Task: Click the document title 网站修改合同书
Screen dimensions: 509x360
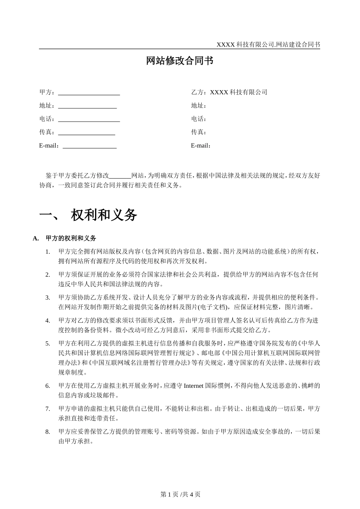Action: (x=180, y=61)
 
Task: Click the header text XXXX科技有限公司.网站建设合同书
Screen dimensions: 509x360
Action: (x=268, y=45)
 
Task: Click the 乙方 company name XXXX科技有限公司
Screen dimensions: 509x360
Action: (x=238, y=92)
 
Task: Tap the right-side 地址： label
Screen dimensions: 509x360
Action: (x=199, y=106)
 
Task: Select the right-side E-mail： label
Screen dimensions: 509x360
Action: (x=201, y=145)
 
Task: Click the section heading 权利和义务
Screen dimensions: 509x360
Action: (x=104, y=215)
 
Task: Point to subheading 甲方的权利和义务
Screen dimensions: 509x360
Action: (x=71, y=238)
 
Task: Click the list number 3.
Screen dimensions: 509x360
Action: (x=48, y=297)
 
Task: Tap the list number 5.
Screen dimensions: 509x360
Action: (x=48, y=343)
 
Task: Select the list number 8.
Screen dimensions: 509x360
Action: (x=48, y=432)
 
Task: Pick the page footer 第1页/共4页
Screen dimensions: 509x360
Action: (x=180, y=494)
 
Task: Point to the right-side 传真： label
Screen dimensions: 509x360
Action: (x=199, y=132)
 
